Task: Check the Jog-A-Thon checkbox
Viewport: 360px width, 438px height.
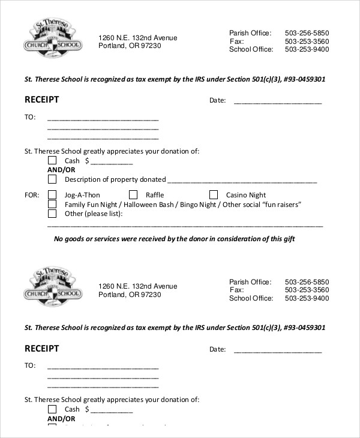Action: click(x=52, y=195)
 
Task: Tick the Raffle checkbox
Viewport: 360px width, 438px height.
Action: click(x=133, y=195)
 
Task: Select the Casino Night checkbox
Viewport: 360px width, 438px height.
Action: click(x=214, y=195)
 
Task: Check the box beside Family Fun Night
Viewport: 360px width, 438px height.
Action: click(x=52, y=205)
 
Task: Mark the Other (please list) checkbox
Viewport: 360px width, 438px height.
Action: click(x=52, y=214)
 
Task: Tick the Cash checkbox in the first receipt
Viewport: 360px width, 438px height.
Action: click(x=52, y=161)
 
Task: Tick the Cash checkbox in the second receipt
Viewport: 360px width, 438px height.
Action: click(x=52, y=409)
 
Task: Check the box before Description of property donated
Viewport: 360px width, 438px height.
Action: click(x=52, y=179)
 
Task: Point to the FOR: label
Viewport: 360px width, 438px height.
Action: click(x=31, y=195)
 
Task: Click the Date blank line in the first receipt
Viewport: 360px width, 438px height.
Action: click(x=277, y=101)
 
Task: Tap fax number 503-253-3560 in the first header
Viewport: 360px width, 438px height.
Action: click(x=307, y=41)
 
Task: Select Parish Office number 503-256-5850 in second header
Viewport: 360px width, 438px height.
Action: click(x=307, y=281)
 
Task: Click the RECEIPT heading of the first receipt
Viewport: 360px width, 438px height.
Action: click(x=41, y=100)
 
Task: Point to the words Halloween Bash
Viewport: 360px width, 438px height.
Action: click(x=154, y=205)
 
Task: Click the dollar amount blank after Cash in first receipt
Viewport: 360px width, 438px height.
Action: click(x=111, y=162)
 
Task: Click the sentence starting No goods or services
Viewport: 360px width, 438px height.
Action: click(x=174, y=239)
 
